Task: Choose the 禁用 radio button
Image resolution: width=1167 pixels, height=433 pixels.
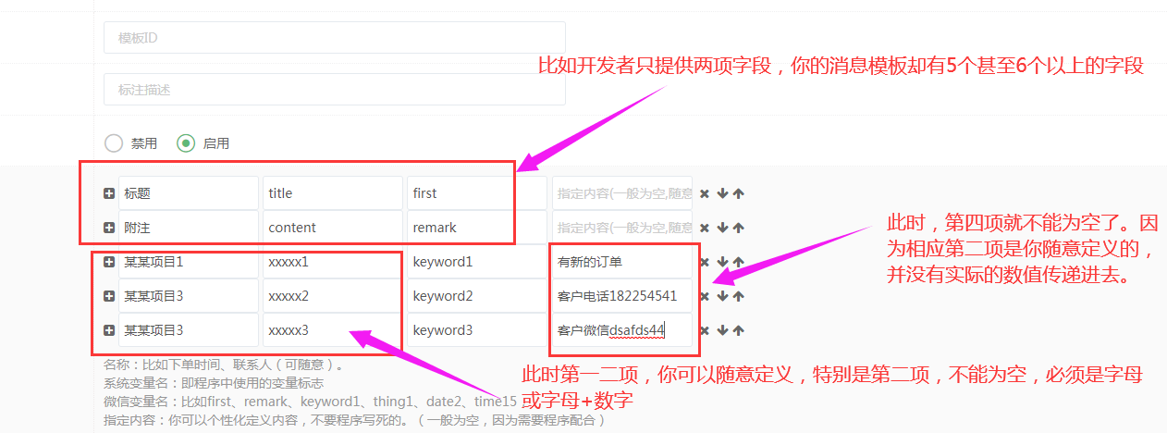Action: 114,143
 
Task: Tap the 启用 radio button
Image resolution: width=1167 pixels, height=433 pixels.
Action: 186,143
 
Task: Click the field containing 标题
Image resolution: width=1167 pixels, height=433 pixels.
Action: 189,193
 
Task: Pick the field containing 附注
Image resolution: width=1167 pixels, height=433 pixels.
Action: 189,228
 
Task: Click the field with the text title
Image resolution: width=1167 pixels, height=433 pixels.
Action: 332,193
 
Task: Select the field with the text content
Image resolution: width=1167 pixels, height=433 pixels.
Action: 332,228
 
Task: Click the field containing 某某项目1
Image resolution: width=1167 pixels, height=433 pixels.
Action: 189,262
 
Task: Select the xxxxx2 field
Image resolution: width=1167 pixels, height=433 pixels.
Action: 332,296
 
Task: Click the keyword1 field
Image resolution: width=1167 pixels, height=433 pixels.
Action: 476,262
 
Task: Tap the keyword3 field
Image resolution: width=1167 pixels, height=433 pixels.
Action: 476,330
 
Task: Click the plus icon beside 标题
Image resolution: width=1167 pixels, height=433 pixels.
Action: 109,193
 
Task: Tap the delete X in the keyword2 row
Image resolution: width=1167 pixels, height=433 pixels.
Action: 705,296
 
